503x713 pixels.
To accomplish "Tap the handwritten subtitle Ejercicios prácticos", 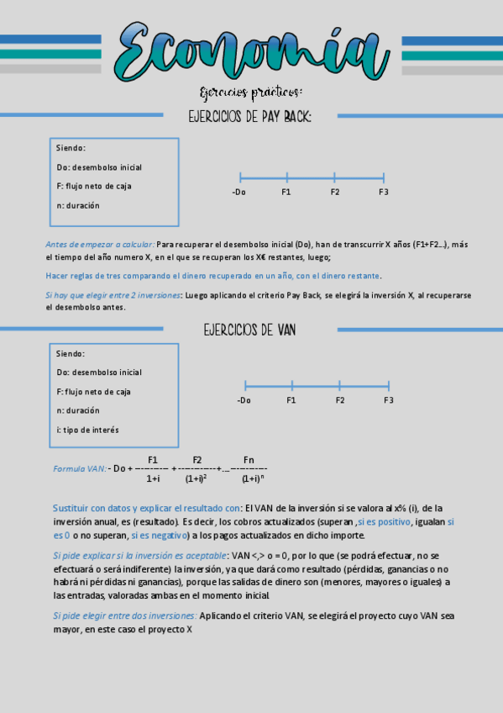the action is pyautogui.click(x=251, y=91).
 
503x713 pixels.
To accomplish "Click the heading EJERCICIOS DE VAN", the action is pyautogui.click(x=249, y=330).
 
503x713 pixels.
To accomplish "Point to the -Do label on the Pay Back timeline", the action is pyautogui.click(x=239, y=193).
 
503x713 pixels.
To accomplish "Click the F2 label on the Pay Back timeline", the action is pyautogui.click(x=335, y=193).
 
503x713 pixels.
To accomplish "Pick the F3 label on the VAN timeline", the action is pyautogui.click(x=389, y=400).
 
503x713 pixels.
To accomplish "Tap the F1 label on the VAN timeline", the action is pyautogui.click(x=291, y=400).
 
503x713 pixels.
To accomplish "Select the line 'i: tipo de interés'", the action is pyautogui.click(x=87, y=430).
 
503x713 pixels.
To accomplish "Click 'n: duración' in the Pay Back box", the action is pyautogui.click(x=78, y=205).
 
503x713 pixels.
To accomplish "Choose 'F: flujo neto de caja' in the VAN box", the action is pyautogui.click(x=94, y=392).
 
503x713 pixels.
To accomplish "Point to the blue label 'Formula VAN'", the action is pyautogui.click(x=79, y=468).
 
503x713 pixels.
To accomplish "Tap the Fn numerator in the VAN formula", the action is pyautogui.click(x=249, y=459).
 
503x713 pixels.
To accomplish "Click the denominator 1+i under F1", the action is pyautogui.click(x=153, y=478).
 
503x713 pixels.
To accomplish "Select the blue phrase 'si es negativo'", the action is pyautogui.click(x=159, y=535).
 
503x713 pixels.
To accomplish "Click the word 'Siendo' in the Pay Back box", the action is pyautogui.click(x=71, y=148).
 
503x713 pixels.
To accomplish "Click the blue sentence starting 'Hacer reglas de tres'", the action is pyautogui.click(x=212, y=276).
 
